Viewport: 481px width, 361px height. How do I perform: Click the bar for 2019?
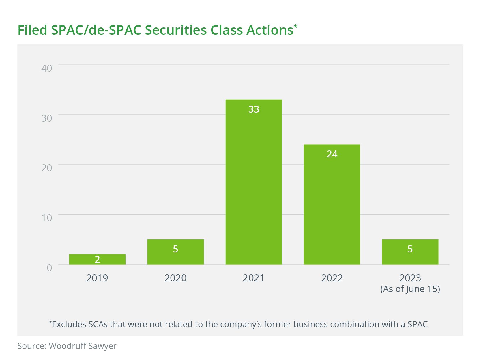(97, 259)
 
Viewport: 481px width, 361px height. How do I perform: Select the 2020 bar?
(175, 252)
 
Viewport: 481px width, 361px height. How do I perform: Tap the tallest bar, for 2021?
(254, 182)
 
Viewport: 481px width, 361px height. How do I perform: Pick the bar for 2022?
(332, 204)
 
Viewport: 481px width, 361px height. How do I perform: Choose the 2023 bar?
(410, 252)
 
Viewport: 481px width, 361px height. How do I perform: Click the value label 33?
(254, 109)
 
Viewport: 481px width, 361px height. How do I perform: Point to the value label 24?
(332, 154)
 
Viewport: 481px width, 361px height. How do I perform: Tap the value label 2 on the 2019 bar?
(97, 259)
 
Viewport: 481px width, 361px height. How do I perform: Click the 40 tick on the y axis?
(47, 68)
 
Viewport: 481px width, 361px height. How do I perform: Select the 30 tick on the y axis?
(47, 118)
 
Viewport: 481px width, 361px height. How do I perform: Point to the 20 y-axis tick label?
(47, 168)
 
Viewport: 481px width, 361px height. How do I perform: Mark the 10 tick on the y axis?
(47, 218)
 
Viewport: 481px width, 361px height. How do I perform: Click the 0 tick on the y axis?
(49, 268)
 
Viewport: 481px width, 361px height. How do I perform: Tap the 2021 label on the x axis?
(253, 278)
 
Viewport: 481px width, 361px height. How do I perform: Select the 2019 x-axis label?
(97, 278)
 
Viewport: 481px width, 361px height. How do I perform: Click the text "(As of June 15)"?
(410, 289)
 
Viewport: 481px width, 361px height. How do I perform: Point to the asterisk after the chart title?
(295, 27)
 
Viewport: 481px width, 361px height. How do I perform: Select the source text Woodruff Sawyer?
(83, 346)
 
